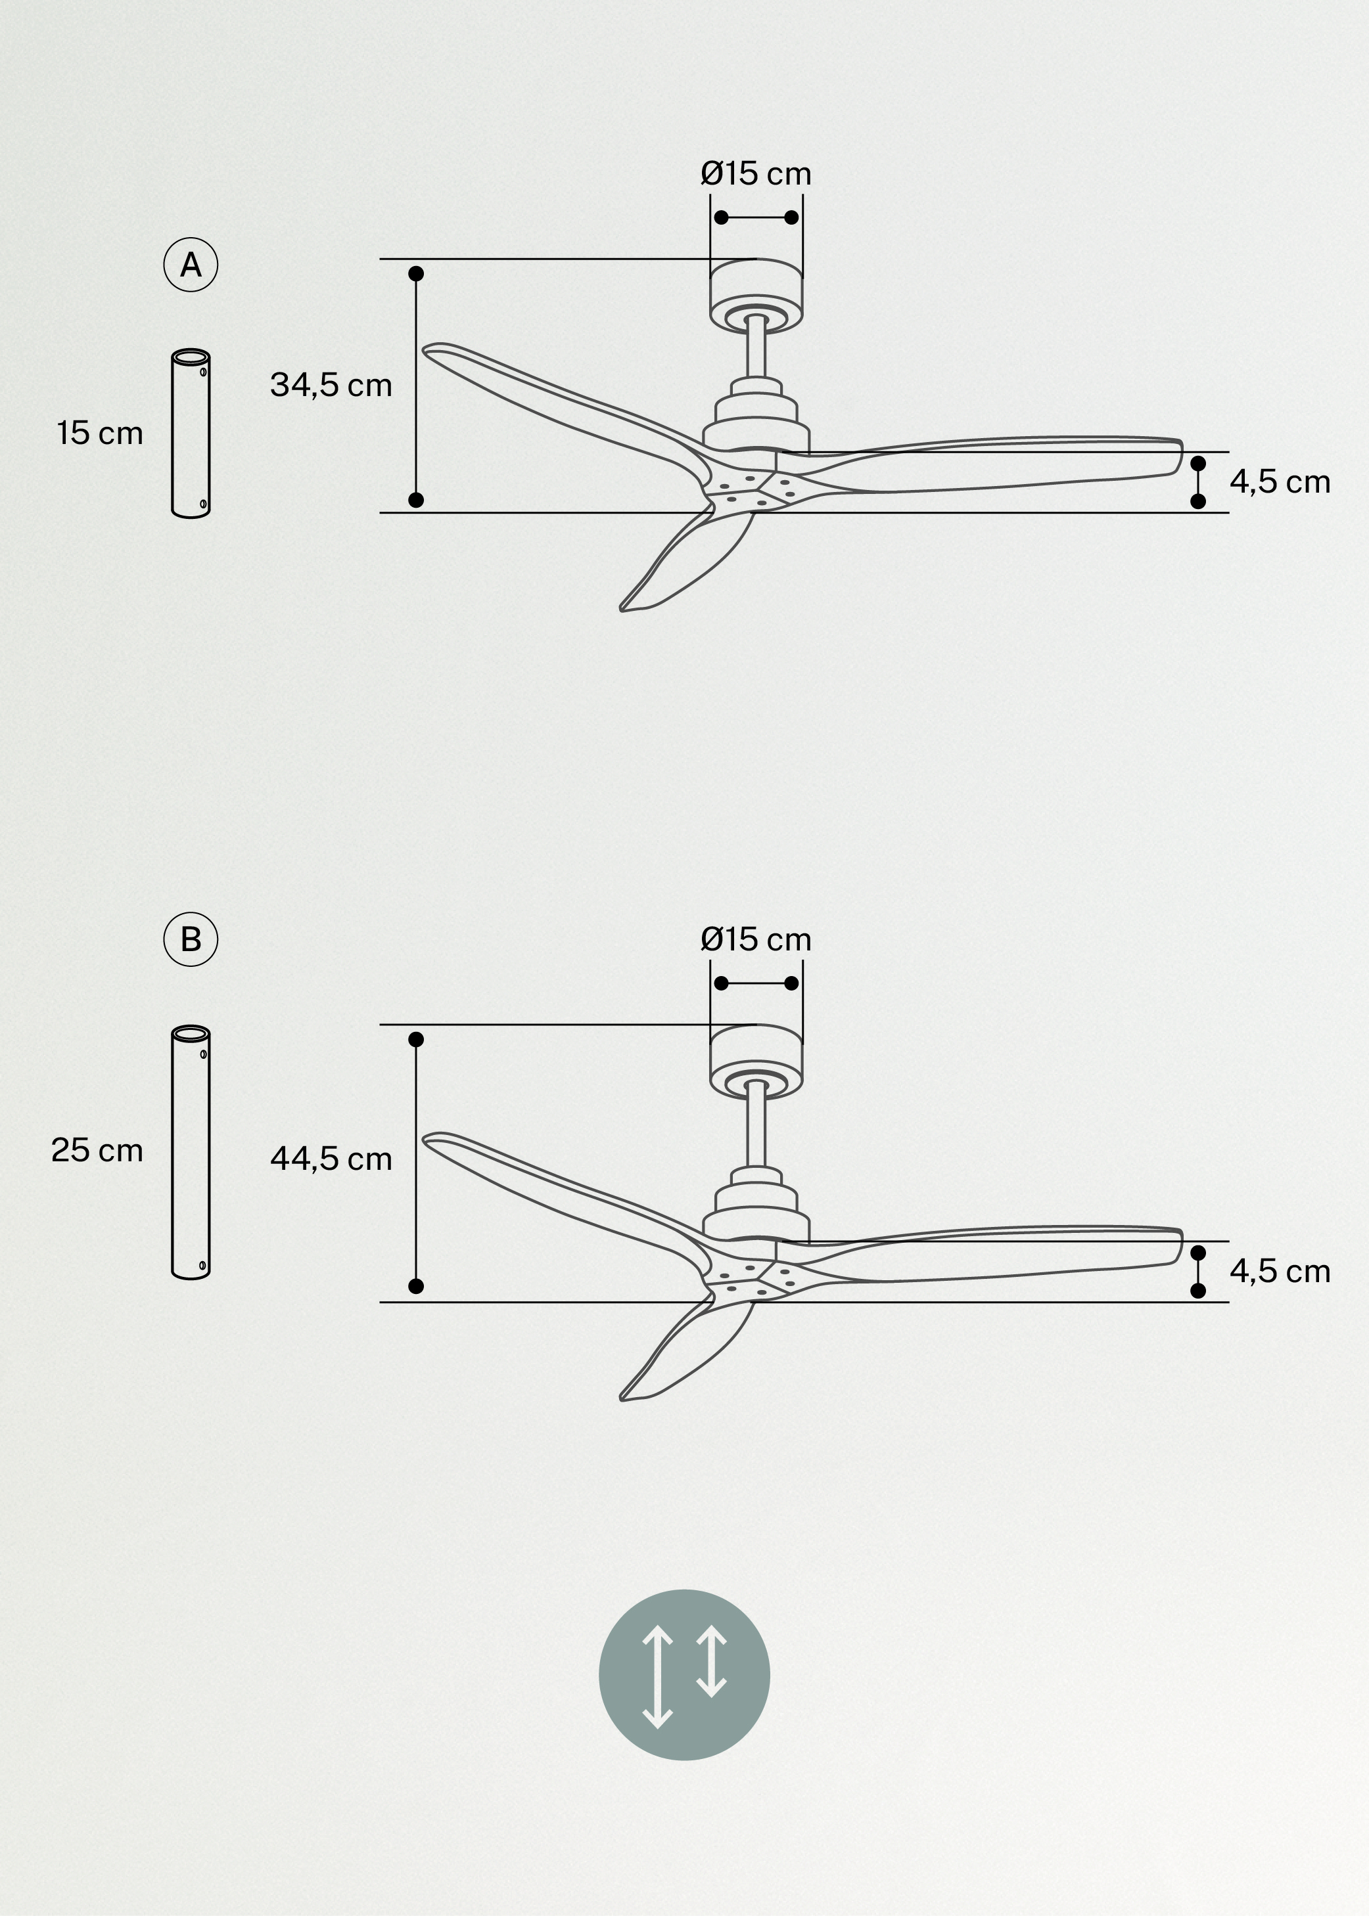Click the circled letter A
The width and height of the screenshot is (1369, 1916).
coord(191,265)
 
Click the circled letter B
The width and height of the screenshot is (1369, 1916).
coord(191,939)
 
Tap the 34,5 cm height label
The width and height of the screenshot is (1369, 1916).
coord(331,385)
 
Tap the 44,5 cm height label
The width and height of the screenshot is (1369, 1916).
coord(331,1159)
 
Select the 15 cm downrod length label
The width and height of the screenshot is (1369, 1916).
coord(99,433)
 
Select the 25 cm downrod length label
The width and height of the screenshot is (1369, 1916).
coord(97,1150)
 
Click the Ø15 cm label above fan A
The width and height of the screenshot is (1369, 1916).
coord(755,173)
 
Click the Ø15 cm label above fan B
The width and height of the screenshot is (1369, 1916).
coord(755,939)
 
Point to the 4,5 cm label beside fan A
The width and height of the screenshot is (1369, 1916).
coord(1279,482)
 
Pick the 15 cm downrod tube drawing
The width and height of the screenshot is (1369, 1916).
coord(191,433)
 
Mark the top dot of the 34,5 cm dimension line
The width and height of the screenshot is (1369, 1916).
coord(415,274)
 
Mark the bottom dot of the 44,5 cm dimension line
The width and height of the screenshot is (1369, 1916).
coord(415,1285)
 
